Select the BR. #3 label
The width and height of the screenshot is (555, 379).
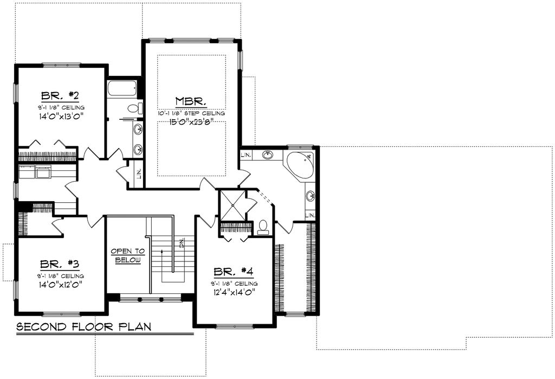(60, 264)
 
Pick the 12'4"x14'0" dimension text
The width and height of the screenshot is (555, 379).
(234, 292)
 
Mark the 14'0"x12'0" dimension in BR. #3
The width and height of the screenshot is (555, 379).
(60, 284)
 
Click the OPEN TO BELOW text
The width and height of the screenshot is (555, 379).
(128, 255)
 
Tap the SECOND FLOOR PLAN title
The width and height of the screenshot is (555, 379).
(83, 327)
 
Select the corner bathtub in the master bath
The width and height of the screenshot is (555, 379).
(300, 165)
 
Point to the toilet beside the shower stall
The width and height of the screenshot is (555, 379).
(263, 227)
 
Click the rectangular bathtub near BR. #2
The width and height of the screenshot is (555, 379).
(123, 88)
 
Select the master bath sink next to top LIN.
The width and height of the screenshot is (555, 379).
(267, 155)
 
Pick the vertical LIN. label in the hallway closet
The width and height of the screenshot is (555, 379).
(139, 174)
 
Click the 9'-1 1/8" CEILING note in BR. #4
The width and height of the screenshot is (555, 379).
(234, 283)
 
